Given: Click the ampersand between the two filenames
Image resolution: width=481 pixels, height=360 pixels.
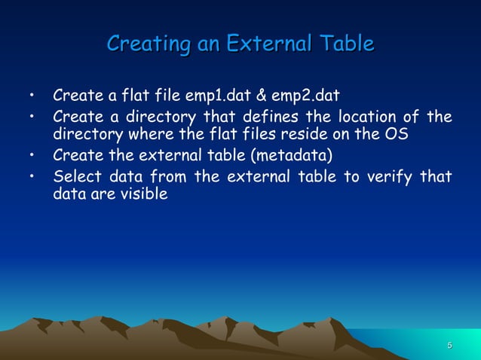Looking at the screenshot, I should [x=260, y=96].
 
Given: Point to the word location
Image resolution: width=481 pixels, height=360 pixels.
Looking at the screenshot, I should [x=368, y=117].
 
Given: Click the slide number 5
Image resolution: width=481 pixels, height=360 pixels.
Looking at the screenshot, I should [x=450, y=345].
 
